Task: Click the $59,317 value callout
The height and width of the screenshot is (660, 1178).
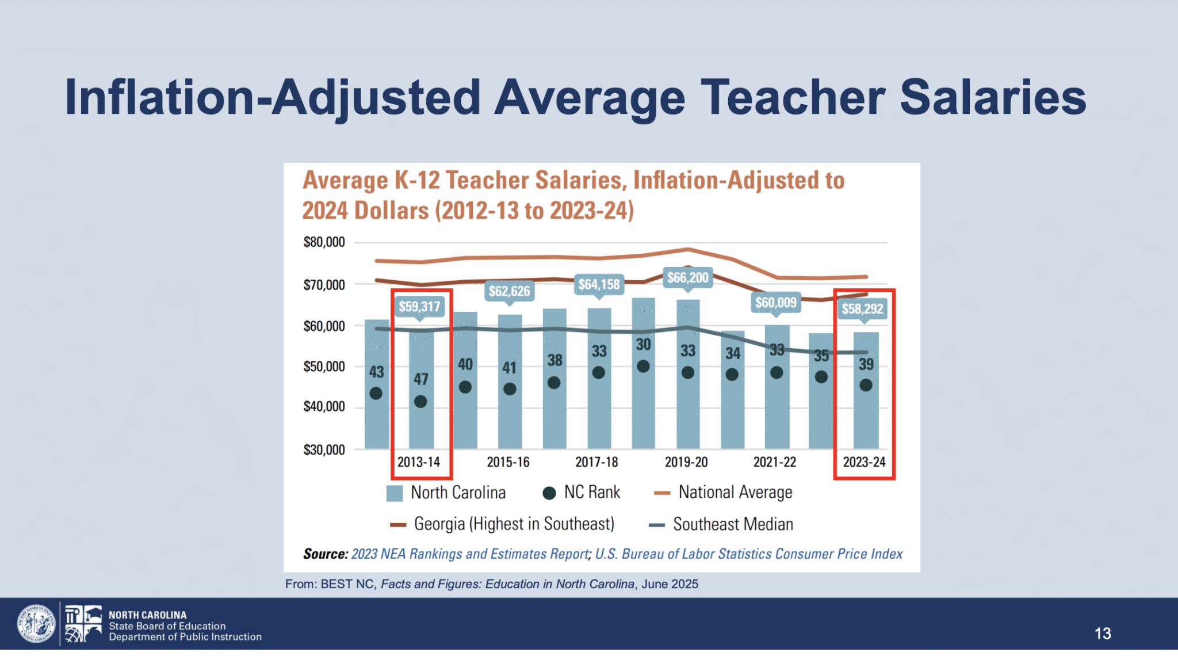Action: pos(419,307)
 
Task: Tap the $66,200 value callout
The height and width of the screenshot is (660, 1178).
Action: pos(688,278)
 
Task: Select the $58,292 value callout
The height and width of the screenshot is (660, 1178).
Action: pos(862,309)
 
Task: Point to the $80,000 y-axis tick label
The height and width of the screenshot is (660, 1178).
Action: pos(324,242)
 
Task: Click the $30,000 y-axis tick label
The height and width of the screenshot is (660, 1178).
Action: pos(324,450)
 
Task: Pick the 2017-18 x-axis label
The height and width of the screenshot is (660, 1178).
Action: pos(596,462)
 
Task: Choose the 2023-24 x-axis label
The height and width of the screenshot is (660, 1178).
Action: pos(864,462)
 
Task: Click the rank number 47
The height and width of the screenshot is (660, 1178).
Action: pos(421,379)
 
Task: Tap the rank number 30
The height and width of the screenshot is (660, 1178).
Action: pos(643,345)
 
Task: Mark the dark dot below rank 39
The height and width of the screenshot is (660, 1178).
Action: pos(866,386)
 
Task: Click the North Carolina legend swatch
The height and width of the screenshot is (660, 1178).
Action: pos(394,493)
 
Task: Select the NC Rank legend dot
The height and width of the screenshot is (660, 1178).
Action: pos(549,493)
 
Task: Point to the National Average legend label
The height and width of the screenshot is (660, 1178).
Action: pos(735,493)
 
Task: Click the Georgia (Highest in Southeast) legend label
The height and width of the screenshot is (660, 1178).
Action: pos(514,524)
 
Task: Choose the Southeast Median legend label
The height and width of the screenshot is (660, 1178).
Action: pos(733,525)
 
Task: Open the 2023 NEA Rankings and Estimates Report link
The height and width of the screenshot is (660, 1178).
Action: pos(470,554)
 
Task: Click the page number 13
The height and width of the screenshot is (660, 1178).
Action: pos(1103,634)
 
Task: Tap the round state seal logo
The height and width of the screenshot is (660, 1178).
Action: pos(36,624)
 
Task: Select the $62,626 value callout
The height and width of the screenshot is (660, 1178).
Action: pos(510,291)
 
